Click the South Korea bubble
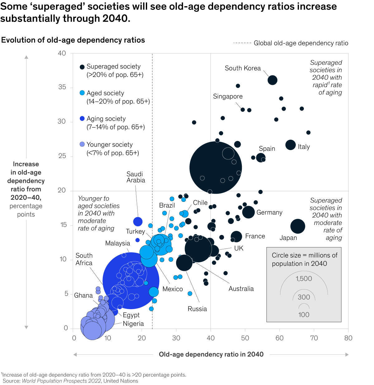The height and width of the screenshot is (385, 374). click(x=272, y=80)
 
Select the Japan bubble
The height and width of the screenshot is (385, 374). click(x=298, y=226)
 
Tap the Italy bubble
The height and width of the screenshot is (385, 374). click(x=290, y=145)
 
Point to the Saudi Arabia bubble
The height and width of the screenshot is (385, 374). click(x=138, y=222)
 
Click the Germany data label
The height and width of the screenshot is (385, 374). click(x=269, y=212)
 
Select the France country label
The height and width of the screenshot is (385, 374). click(x=255, y=236)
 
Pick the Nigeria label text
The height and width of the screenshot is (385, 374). click(x=133, y=324)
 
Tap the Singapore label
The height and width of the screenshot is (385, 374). click(x=228, y=96)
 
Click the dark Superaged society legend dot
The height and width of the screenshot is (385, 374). click(x=82, y=67)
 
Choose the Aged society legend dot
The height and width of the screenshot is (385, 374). click(x=82, y=93)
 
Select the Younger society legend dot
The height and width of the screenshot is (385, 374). click(x=82, y=144)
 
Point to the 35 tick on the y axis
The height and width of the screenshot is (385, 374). click(x=62, y=87)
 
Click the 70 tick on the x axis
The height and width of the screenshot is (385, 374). click(x=314, y=338)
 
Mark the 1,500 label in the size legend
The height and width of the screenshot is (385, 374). click(x=304, y=279)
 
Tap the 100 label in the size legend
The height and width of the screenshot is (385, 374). click(x=304, y=314)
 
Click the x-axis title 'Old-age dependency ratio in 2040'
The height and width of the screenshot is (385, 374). click(x=211, y=354)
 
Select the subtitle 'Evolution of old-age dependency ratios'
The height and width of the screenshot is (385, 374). click(x=73, y=40)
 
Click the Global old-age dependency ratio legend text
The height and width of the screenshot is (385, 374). click(x=301, y=43)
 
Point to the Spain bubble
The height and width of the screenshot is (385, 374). click(x=261, y=158)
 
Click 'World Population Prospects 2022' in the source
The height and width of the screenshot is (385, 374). click(x=61, y=381)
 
